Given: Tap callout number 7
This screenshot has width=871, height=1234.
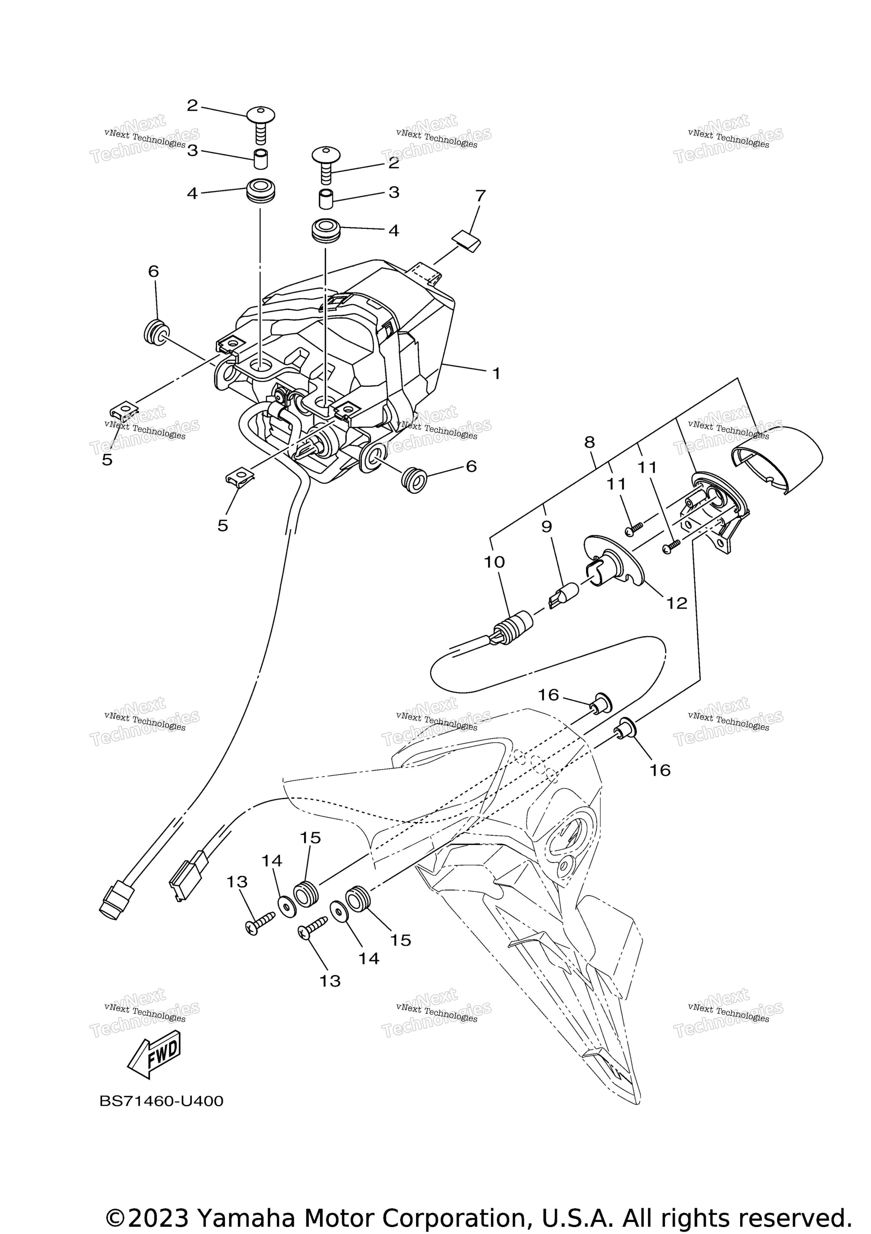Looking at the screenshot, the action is pyautogui.click(x=480, y=196).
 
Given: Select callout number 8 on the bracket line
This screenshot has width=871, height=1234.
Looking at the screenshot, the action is pyautogui.click(x=589, y=442).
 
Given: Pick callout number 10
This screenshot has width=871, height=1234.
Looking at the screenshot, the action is pyautogui.click(x=494, y=562).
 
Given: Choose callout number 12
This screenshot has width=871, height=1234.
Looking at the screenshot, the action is pyautogui.click(x=677, y=604).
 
